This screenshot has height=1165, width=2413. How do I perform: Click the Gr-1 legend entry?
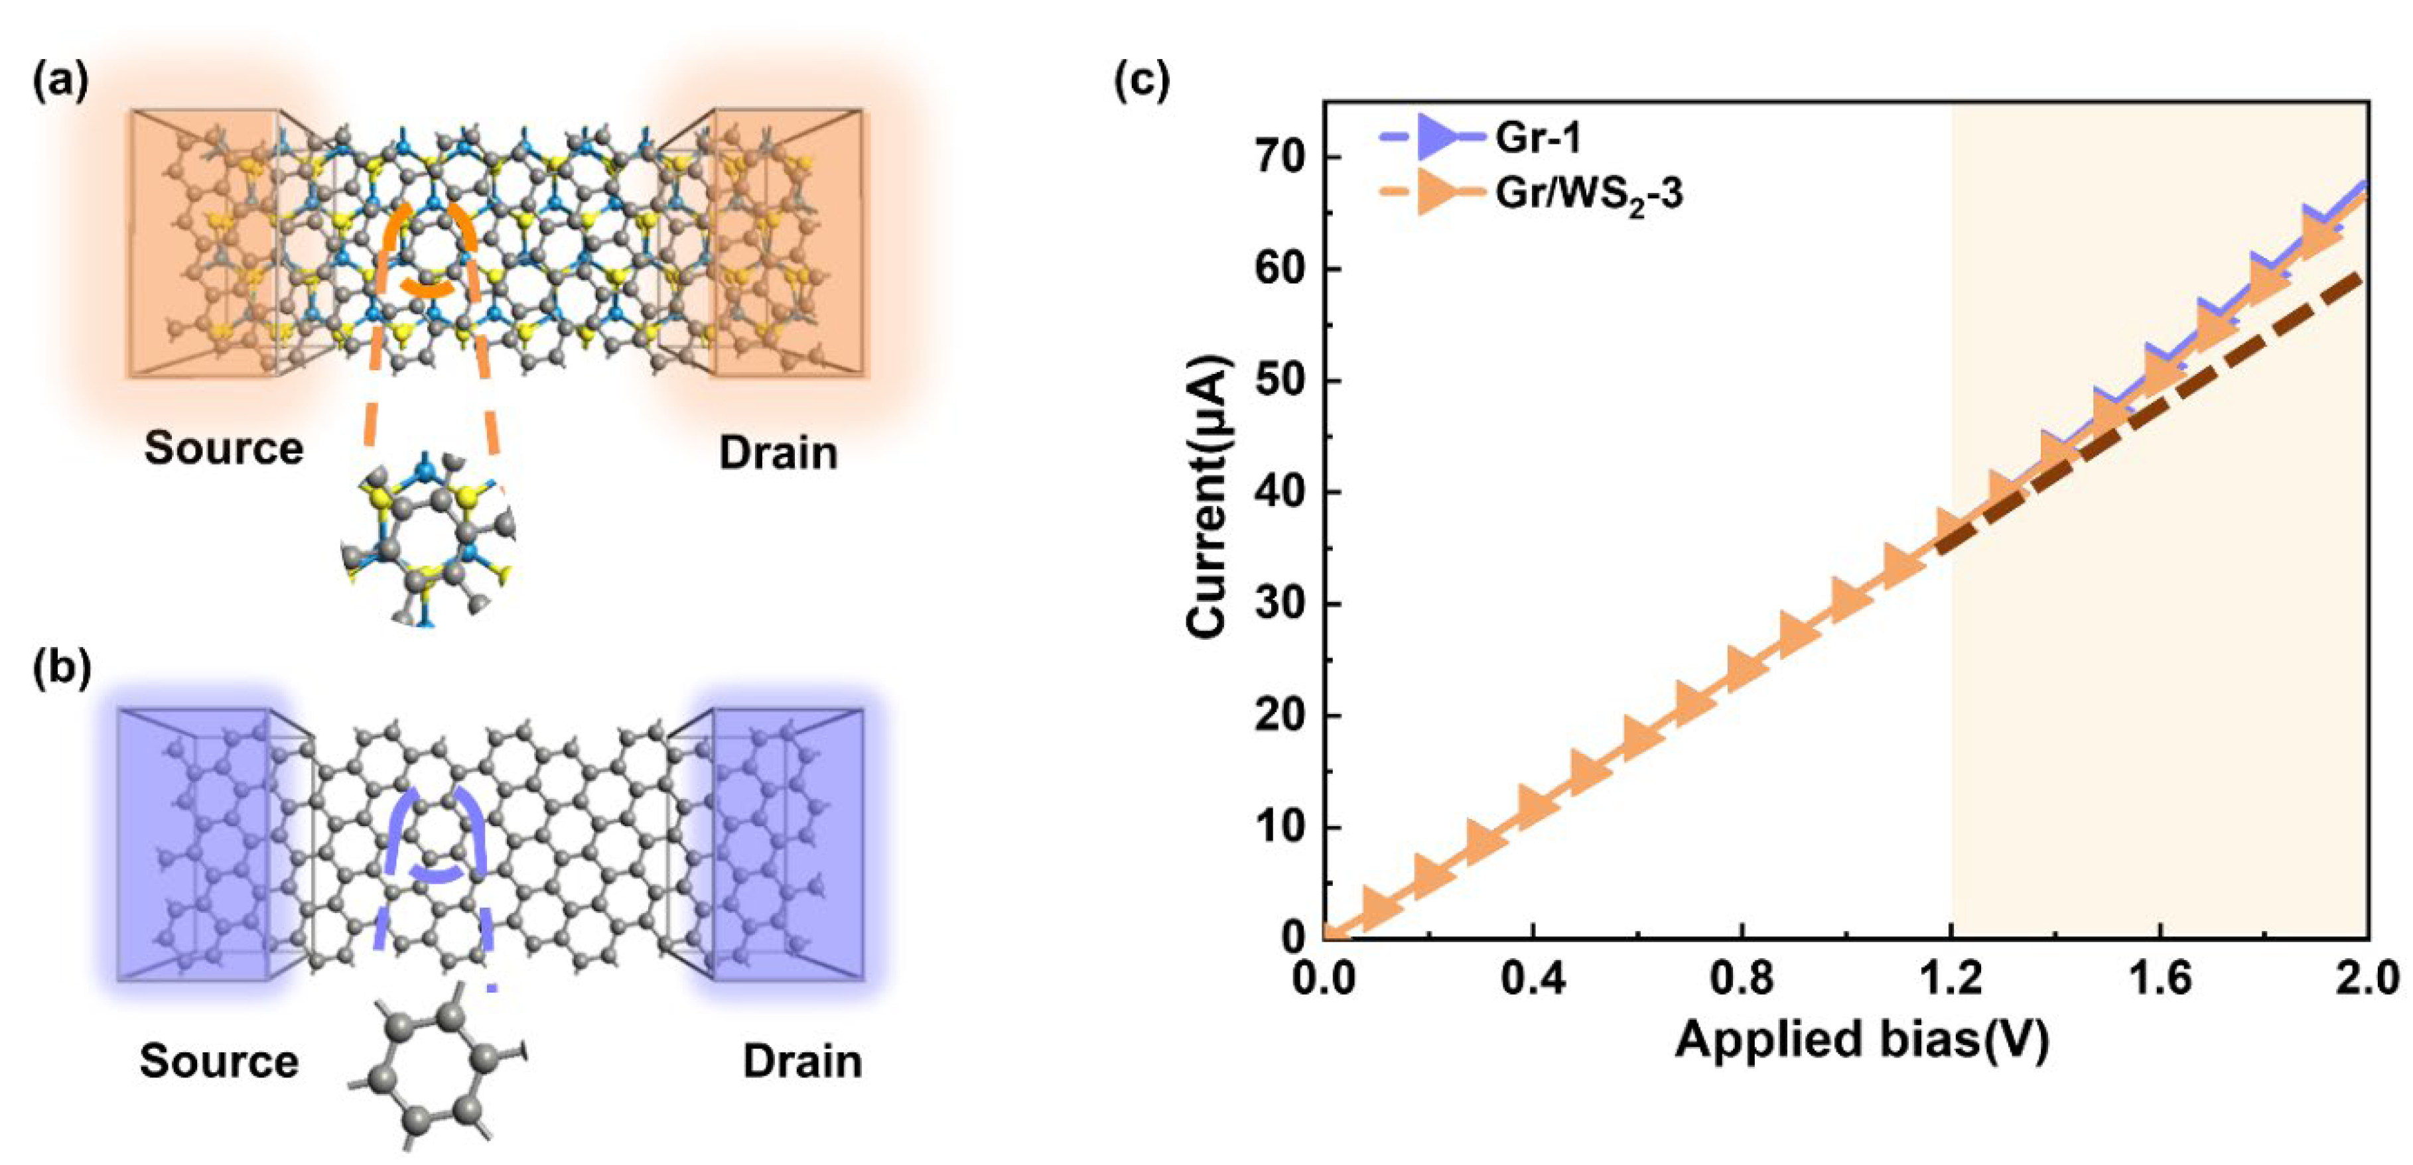coord(1536,139)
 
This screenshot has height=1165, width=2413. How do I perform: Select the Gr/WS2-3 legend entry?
coord(1587,195)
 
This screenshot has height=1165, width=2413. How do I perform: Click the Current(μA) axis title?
coord(1207,497)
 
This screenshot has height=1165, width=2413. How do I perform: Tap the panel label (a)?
coord(61,82)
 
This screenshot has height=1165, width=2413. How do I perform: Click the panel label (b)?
coord(61,670)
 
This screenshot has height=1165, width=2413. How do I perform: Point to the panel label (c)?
coord(1141,82)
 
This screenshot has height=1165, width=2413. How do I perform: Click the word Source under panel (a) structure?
coord(224,449)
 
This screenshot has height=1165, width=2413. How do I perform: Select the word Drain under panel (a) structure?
coord(778,454)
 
